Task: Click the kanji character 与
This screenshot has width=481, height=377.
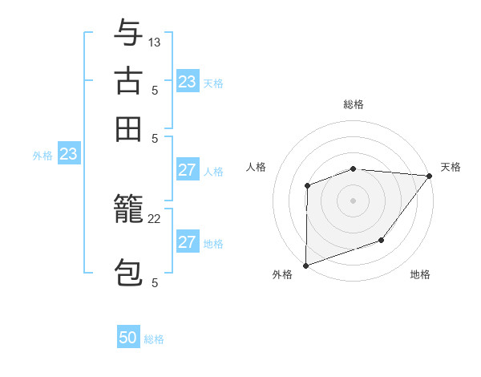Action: coord(128,33)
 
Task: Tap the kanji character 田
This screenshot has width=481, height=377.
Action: coord(128,128)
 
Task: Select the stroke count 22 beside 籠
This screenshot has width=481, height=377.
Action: coord(155,219)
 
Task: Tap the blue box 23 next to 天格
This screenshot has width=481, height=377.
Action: coord(188,82)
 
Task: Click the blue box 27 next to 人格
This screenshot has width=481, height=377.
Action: coord(188,170)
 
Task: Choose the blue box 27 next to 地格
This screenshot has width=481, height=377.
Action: coord(188,242)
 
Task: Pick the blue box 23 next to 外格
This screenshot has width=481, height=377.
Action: coord(68,154)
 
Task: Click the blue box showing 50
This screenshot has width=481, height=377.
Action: coord(128,338)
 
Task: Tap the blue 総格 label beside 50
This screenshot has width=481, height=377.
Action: coord(154,339)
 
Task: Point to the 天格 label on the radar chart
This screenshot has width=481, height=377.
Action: coord(451,167)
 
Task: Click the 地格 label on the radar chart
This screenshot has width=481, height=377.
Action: coord(420,275)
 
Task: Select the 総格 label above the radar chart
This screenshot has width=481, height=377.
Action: coord(353,104)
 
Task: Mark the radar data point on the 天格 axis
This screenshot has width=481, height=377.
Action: coord(430,176)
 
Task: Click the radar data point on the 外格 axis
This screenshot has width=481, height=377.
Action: coord(305,265)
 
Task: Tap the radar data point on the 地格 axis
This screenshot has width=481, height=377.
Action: coord(382,240)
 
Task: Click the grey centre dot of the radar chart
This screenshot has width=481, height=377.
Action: coord(353,200)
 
